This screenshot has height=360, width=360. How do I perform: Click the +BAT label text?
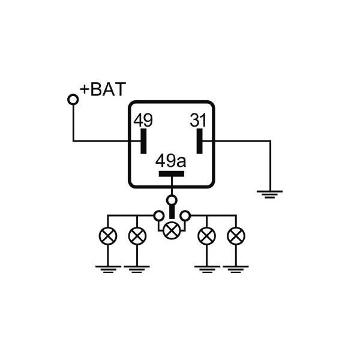point(103,89)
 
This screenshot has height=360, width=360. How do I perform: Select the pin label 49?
point(143,121)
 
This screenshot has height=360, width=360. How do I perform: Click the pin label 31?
point(198,120)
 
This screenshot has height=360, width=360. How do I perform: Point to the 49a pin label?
point(170,161)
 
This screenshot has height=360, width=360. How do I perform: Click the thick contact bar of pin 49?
point(143,141)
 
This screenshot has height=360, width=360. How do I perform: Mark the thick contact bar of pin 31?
point(200,141)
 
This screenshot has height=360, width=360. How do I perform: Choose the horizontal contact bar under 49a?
point(172,174)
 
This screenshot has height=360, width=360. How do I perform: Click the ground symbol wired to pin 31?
point(270,194)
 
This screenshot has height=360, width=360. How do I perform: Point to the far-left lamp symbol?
point(108,236)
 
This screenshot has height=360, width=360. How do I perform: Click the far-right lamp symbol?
point(236,236)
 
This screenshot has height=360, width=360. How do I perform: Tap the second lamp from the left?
point(137,236)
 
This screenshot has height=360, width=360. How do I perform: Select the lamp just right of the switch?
point(206,236)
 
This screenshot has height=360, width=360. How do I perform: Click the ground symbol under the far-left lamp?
point(108,269)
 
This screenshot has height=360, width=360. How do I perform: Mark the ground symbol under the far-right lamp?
point(236,269)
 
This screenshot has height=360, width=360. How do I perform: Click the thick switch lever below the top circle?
point(172,212)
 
